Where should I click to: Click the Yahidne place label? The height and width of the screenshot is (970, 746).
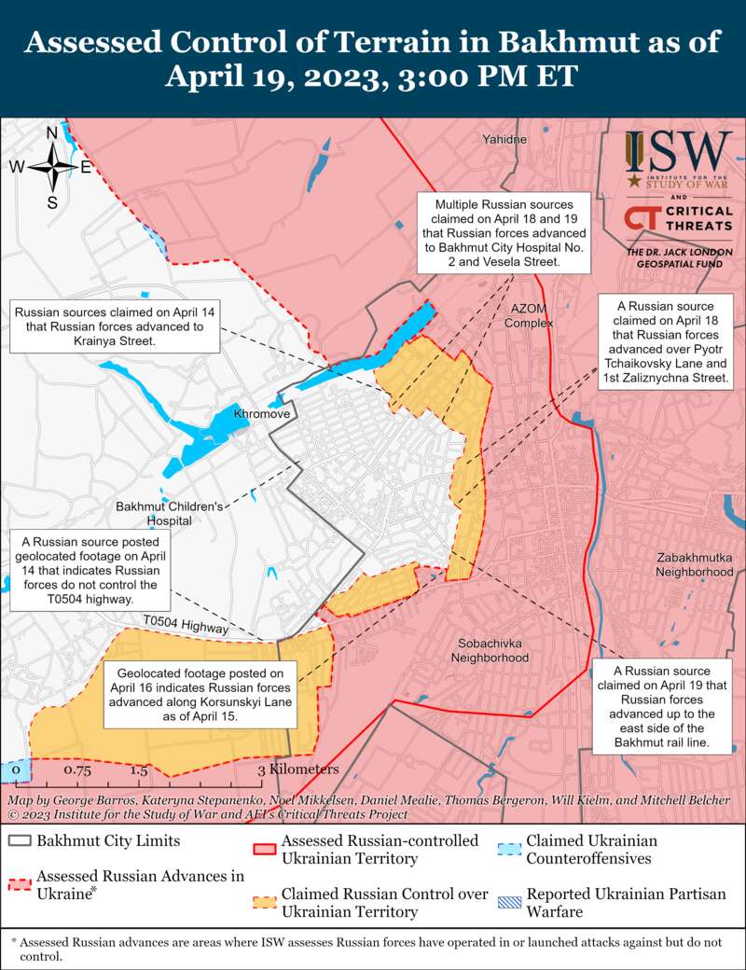click(x=504, y=139)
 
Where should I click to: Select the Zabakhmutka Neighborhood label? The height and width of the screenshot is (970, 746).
click(x=695, y=564)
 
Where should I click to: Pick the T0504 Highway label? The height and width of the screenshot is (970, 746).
click(x=186, y=625)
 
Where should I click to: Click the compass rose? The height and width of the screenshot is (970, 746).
click(x=52, y=168)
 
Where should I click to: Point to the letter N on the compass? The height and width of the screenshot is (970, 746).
click(x=52, y=133)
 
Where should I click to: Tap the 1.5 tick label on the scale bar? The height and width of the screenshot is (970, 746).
click(x=139, y=771)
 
